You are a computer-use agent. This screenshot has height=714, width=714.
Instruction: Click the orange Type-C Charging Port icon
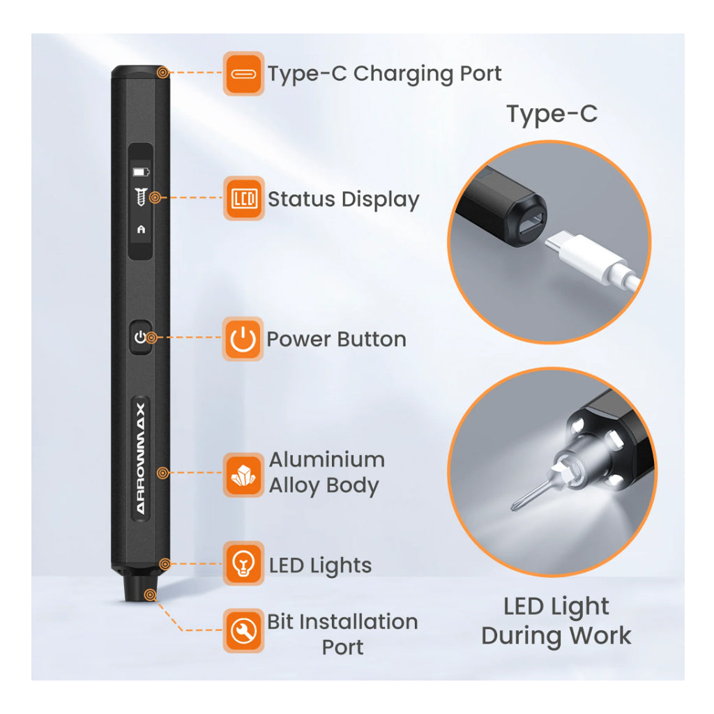(243, 73)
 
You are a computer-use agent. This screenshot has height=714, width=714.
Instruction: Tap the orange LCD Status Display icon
(243, 199)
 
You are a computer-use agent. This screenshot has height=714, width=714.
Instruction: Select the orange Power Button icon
(243, 340)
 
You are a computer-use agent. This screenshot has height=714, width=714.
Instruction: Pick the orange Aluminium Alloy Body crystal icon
(243, 474)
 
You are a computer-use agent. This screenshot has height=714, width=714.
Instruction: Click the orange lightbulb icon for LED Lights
(243, 563)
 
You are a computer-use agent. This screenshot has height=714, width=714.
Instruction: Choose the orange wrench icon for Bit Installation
(243, 630)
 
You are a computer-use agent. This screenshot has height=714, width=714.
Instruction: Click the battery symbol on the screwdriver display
(141, 172)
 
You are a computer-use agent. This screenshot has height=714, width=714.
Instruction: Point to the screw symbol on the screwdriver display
(141, 197)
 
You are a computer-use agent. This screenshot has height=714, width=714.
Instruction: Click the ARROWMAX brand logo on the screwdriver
(140, 458)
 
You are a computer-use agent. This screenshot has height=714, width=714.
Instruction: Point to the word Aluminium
(327, 460)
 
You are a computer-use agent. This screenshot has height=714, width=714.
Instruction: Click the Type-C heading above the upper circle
(552, 114)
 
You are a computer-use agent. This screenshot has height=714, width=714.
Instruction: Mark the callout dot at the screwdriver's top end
(162, 73)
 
